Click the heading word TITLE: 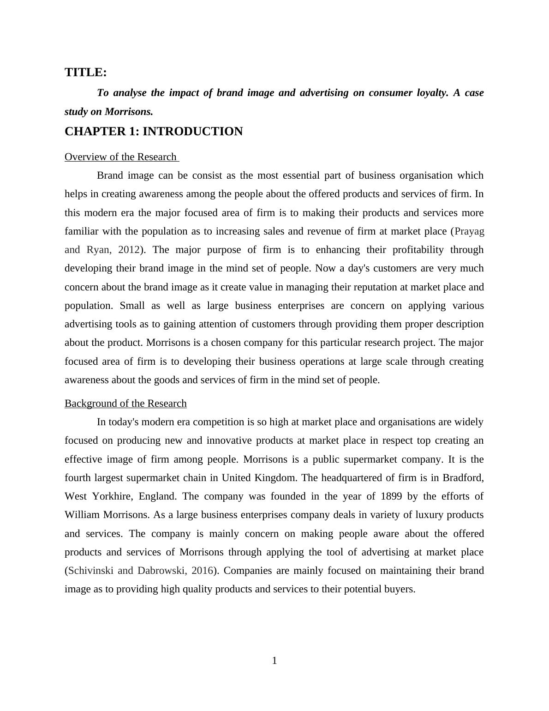[x=85, y=72]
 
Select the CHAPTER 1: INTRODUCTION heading [x=154, y=132]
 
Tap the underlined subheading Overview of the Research [x=120, y=157]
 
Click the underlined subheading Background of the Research [x=125, y=404]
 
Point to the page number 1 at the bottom [x=274, y=661]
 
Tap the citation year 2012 [x=129, y=250]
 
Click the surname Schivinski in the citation [x=90, y=571]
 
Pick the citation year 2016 [x=202, y=571]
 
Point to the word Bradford [x=463, y=478]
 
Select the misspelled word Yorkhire [x=111, y=496]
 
